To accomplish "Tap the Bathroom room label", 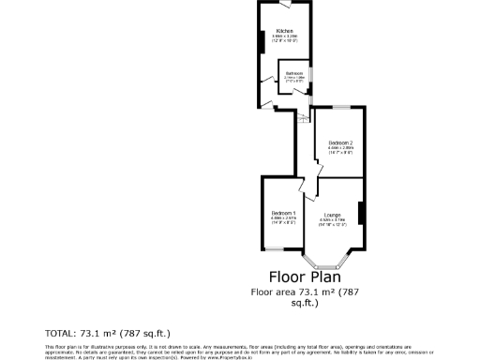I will [293, 72].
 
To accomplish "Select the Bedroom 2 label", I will [339, 142].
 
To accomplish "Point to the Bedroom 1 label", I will [283, 213].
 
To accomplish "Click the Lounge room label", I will [332, 216].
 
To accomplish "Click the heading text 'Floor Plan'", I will [306, 277].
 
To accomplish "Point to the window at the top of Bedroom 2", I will [339, 108].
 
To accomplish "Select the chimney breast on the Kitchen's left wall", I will [262, 43].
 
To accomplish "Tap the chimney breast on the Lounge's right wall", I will [363, 214].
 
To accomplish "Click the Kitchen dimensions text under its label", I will [285, 39].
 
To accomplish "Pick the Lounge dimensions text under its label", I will [332, 223].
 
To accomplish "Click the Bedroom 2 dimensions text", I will [339, 150].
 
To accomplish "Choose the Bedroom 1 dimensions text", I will [283, 220].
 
